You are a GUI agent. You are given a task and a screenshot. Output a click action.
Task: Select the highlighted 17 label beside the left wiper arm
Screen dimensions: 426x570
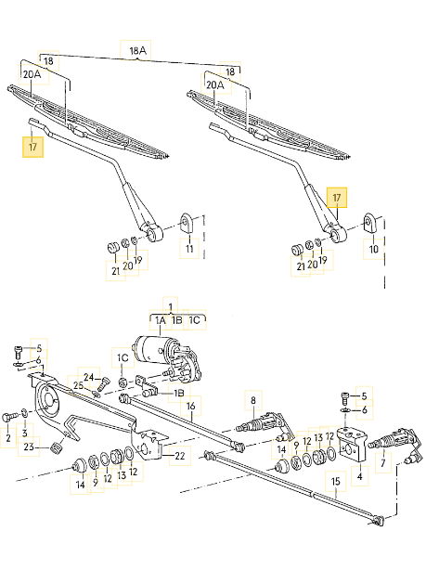[x=32, y=147]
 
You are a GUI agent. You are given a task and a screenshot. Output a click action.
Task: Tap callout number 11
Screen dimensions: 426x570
[x=189, y=249]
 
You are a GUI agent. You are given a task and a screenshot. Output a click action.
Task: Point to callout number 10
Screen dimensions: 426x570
[x=374, y=249]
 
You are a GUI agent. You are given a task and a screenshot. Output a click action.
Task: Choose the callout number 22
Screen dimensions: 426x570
[x=180, y=456]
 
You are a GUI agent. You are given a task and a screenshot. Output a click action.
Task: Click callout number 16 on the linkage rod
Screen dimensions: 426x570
[x=191, y=406]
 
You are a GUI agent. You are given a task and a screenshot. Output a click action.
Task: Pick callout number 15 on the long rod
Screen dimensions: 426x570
[x=335, y=481]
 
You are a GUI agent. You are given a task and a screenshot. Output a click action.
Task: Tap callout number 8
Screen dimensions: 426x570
[x=253, y=400]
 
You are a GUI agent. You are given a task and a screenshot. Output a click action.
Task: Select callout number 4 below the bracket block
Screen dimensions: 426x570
[x=360, y=476]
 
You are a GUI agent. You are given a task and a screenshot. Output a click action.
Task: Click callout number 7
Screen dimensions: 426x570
[x=383, y=462]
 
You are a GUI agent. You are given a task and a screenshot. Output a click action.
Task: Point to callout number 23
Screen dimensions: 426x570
[x=29, y=447]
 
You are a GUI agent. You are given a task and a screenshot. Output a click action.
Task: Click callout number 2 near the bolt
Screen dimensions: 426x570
[x=8, y=438]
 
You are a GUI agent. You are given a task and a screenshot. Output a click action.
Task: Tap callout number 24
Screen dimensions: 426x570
[x=89, y=377]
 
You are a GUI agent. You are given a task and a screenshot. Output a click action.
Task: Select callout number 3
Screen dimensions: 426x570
[x=25, y=433]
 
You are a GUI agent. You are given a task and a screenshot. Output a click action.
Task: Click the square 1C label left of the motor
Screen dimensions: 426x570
[x=123, y=358]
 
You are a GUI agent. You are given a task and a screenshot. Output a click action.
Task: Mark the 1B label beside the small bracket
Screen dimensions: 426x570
[x=179, y=393]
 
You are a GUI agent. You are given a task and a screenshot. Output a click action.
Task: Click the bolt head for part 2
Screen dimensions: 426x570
[x=7, y=417]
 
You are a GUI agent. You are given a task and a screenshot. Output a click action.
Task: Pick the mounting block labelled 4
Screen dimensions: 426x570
[x=352, y=446]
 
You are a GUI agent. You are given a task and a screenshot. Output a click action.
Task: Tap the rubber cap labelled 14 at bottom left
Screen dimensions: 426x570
[x=79, y=466]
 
